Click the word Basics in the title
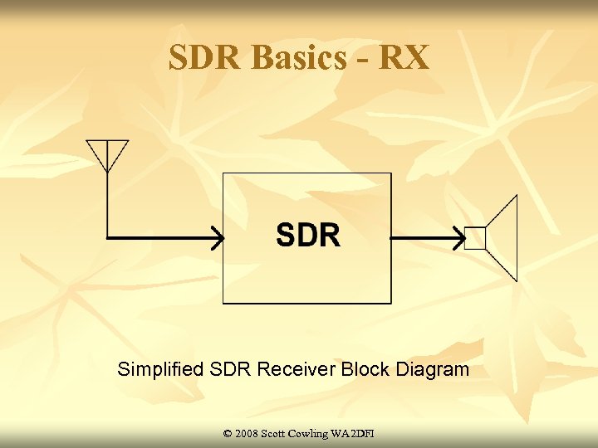click(297, 58)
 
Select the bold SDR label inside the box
click(307, 236)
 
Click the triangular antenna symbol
click(107, 153)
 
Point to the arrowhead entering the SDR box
click(217, 239)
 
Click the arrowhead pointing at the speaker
click(457, 239)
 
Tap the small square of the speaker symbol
click(474, 239)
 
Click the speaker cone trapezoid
click(502, 238)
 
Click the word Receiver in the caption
click(297, 369)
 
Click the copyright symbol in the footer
click(228, 434)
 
